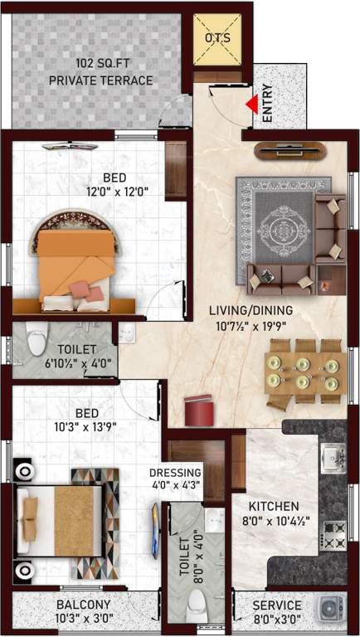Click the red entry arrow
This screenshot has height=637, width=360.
251,105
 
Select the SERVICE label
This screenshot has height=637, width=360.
277,605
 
